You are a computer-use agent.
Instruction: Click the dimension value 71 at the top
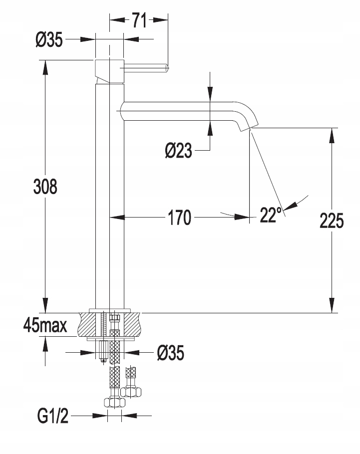pos(139,20)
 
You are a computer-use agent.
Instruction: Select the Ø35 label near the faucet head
pos(49,39)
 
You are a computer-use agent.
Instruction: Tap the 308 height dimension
pos(45,187)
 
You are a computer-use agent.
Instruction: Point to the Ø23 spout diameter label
pos(179,151)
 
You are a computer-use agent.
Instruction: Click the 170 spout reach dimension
pos(180,218)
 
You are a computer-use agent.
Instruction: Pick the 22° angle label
pos(271,215)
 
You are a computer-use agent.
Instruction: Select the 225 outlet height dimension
pos(332,221)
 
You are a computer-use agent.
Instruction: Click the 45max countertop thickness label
pos(45,325)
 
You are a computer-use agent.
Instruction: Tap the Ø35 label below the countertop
pos(170,353)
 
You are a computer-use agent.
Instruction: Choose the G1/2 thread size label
pos(53,417)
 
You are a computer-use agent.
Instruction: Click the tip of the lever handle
pos(168,68)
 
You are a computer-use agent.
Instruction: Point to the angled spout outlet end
pos(249,126)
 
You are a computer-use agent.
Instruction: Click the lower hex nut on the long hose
pos(114,403)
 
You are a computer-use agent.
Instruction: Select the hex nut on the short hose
pos(131,392)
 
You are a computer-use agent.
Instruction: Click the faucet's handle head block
pos(109,71)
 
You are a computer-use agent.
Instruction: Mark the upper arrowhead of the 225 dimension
pos(332,135)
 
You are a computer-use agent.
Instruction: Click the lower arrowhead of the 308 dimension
pos(45,305)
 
